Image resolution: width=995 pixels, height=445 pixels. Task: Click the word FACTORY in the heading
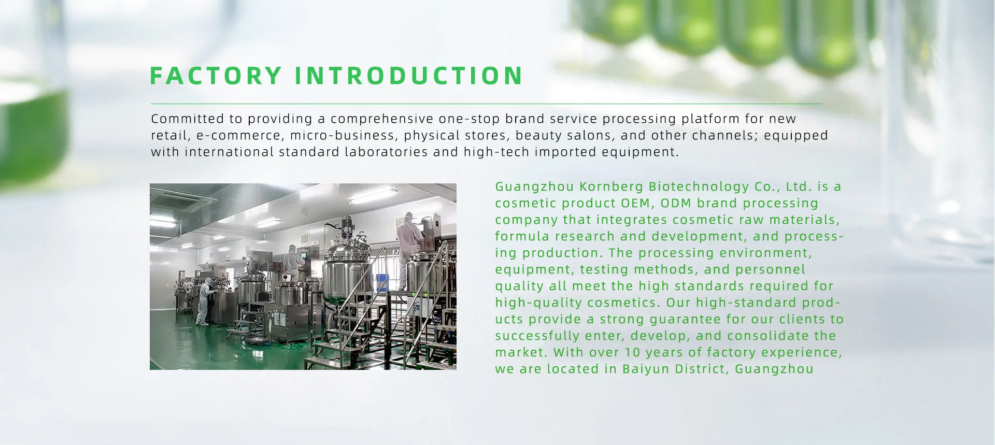(x=216, y=76)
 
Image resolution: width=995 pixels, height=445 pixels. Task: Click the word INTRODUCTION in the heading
(x=409, y=76)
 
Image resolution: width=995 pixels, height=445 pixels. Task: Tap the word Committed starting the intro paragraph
(x=190, y=119)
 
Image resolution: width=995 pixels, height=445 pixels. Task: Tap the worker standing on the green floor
(x=204, y=302)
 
